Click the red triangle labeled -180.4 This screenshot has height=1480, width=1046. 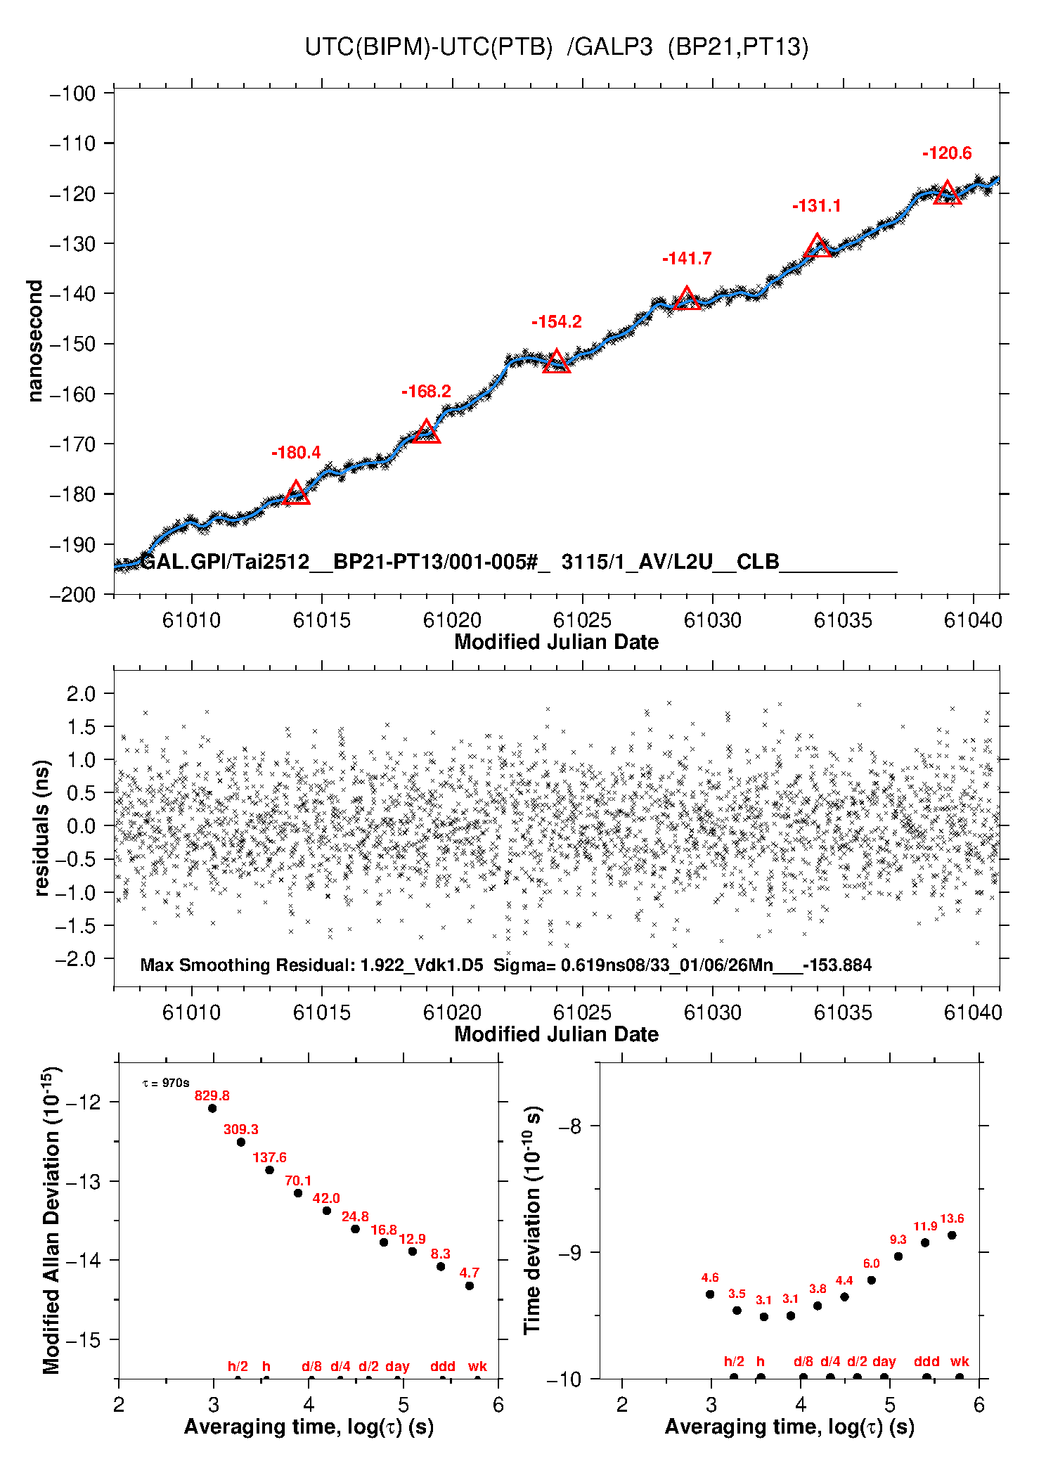click(296, 492)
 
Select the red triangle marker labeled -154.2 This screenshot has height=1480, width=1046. click(557, 361)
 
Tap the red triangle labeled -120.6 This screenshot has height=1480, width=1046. click(948, 192)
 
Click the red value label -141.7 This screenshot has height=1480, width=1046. click(687, 259)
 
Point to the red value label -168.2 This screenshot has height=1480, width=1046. click(426, 392)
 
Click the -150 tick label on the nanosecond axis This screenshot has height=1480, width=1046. click(72, 344)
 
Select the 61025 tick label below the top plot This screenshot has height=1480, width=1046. click(582, 620)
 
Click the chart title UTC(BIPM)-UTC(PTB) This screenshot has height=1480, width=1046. click(429, 47)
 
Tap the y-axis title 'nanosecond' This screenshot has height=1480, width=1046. click(34, 341)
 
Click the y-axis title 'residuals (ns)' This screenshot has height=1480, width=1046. click(41, 828)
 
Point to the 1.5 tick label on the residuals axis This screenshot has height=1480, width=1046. click(81, 727)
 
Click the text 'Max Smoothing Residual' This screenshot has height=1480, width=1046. click(247, 965)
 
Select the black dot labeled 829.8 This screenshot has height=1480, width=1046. click(212, 1108)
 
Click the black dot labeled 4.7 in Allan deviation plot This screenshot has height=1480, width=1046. click(470, 1286)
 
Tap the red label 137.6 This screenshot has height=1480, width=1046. click(270, 1157)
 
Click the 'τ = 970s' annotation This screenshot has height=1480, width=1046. click(166, 1083)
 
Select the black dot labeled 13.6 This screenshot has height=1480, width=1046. click(952, 1235)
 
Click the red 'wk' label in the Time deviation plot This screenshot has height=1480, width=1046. click(960, 1361)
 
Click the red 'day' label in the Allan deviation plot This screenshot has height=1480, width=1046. click(397, 1367)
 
